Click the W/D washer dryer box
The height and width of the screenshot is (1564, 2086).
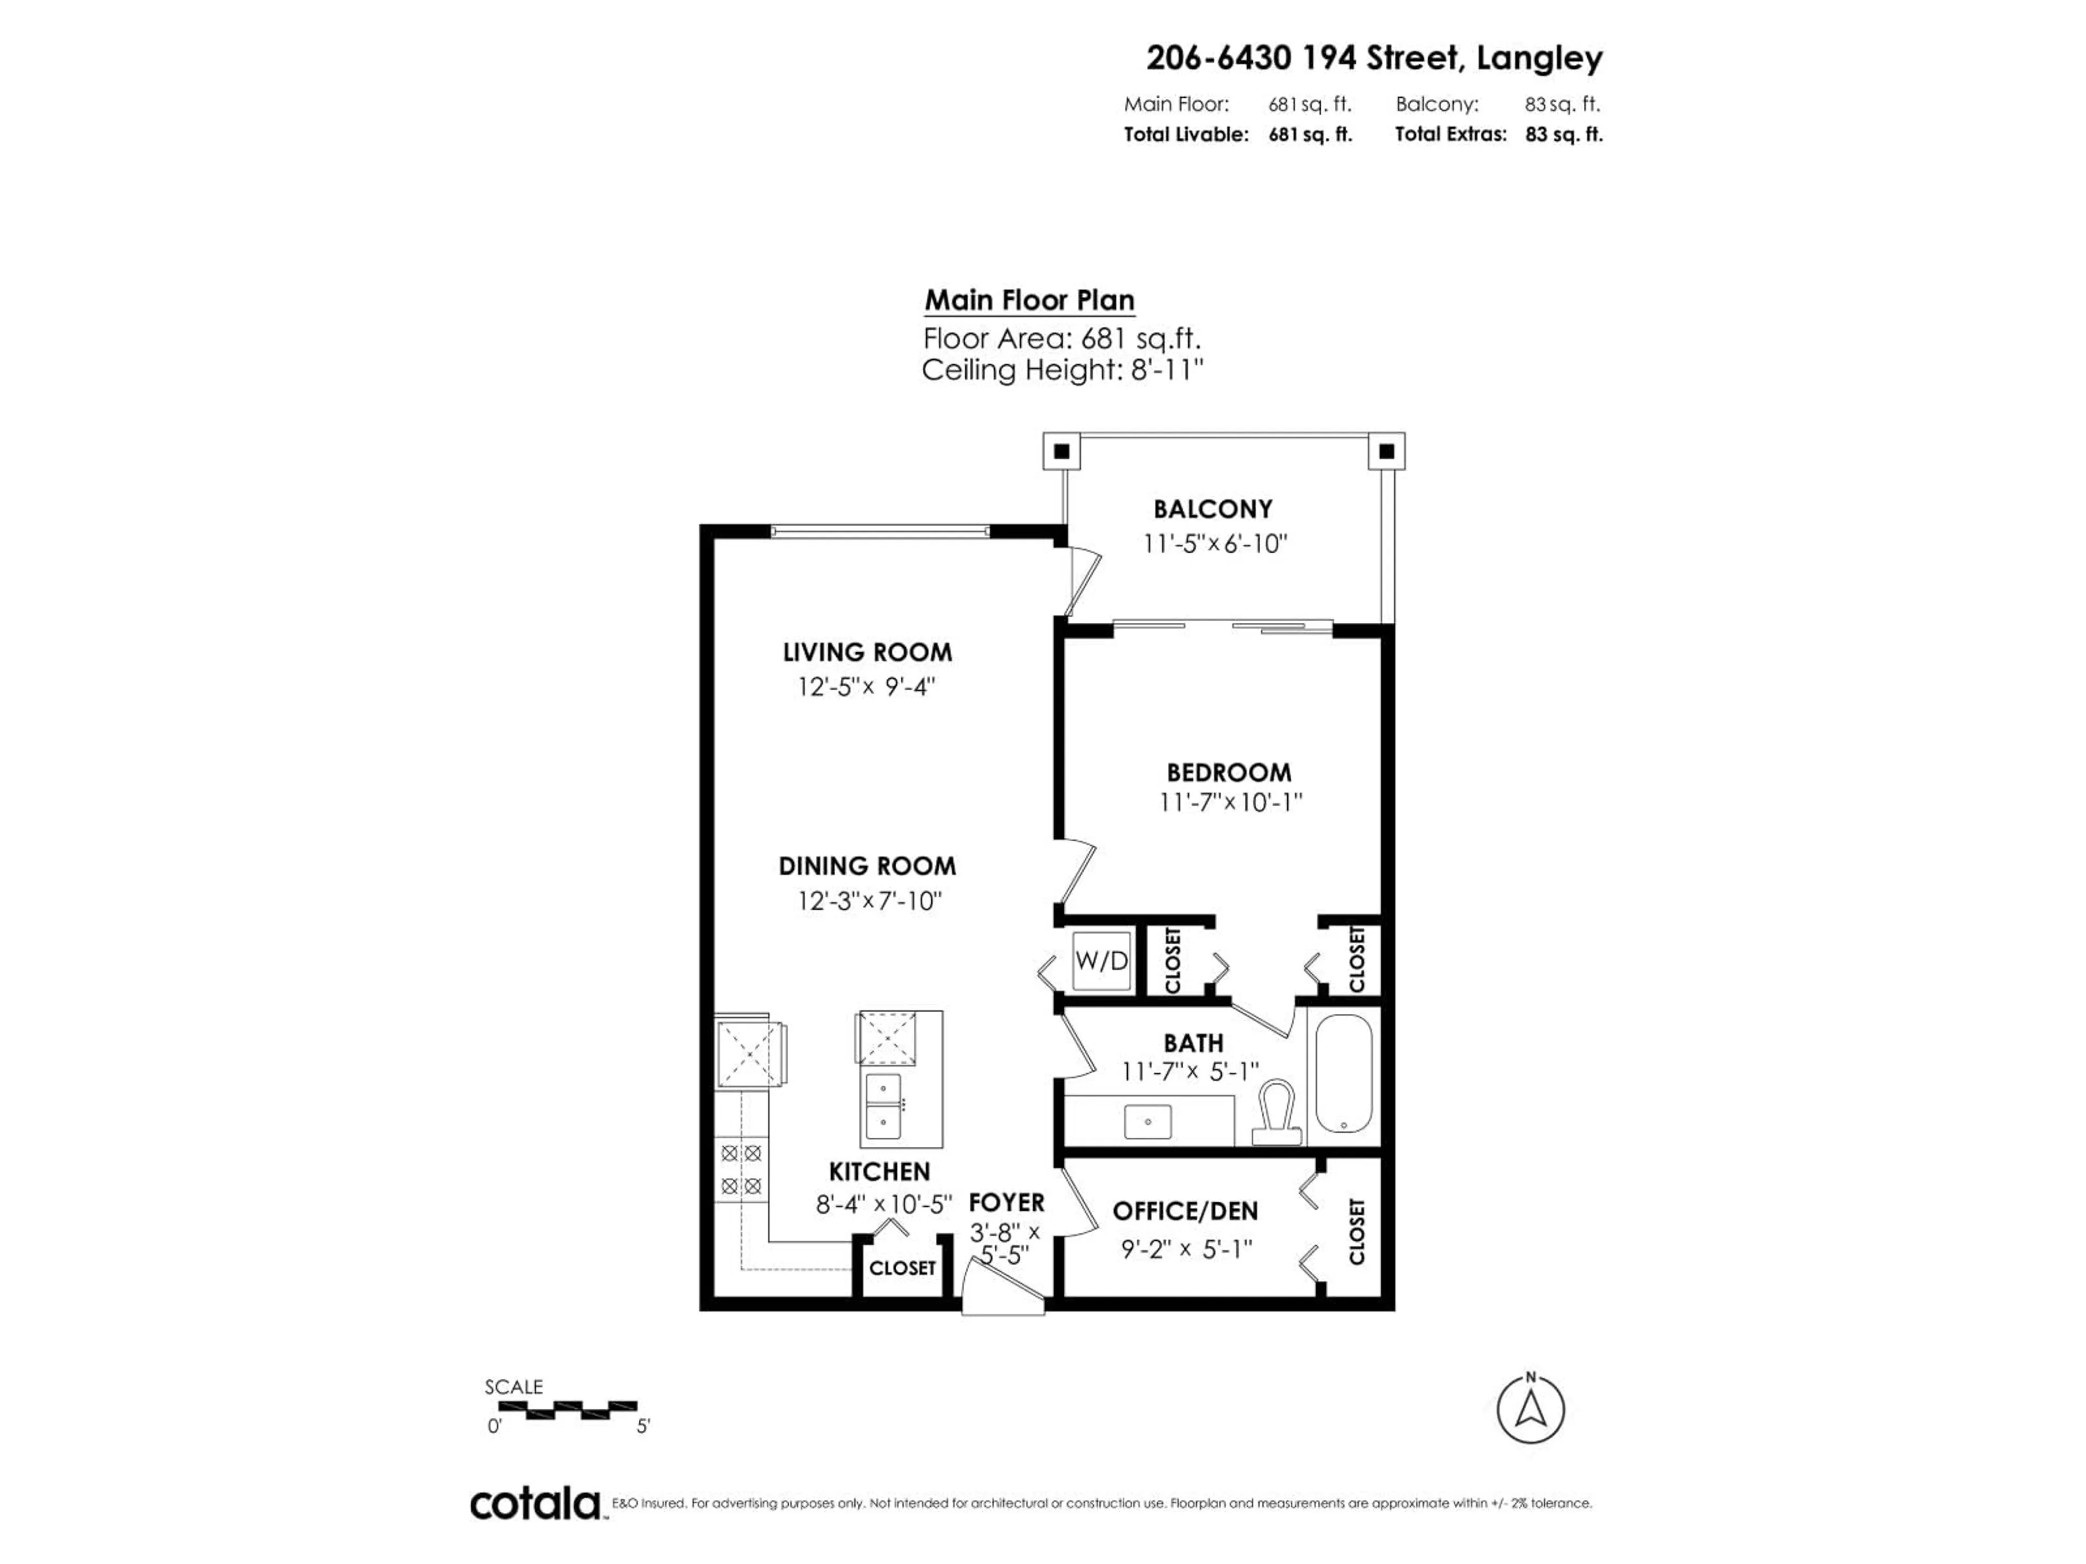click(x=1101, y=961)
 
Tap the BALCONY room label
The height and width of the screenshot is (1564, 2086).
click(x=1212, y=509)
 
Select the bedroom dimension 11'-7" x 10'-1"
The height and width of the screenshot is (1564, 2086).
click(x=1230, y=802)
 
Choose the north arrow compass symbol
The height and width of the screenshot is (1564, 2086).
click(x=1531, y=1409)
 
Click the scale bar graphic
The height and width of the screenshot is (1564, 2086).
click(x=568, y=1410)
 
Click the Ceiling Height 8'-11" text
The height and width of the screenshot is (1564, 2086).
click(x=1062, y=370)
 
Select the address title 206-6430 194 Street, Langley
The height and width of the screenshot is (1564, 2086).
click(x=1374, y=59)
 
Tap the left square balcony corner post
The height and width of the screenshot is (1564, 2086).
click(x=1061, y=452)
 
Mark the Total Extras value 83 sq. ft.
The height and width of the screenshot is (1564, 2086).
click(x=1563, y=134)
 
